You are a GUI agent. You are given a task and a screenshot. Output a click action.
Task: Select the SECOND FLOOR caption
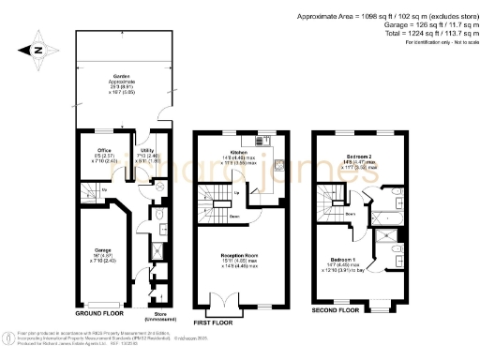337,308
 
